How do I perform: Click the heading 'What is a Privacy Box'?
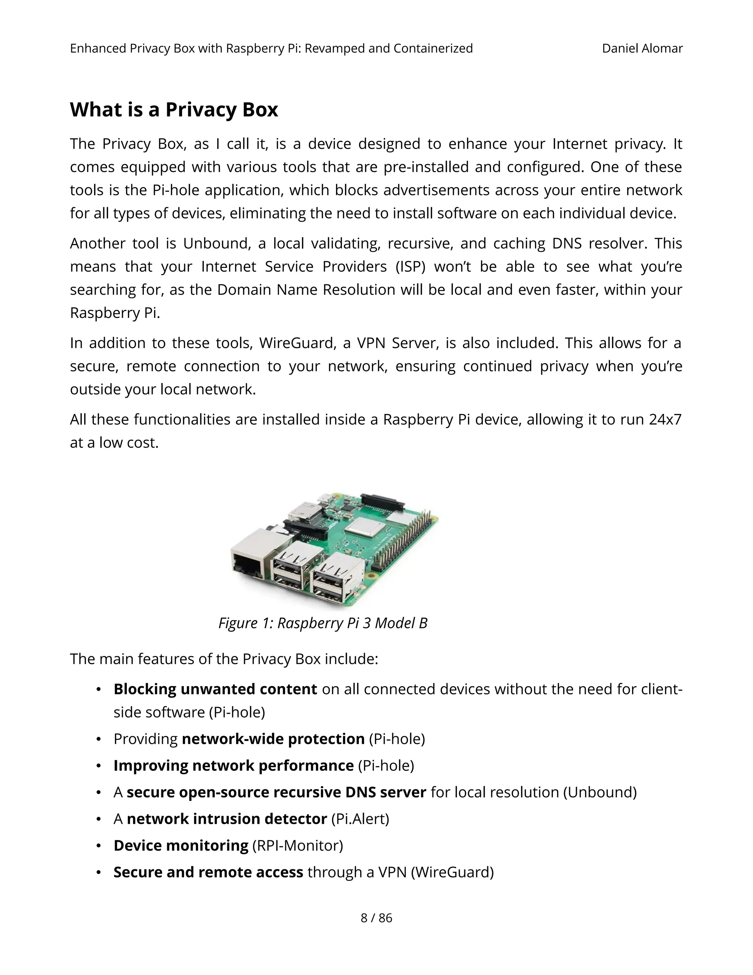(x=174, y=110)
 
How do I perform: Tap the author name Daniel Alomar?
(x=642, y=48)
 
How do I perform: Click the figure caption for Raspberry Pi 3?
(x=322, y=623)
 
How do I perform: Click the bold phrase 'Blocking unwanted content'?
(x=215, y=689)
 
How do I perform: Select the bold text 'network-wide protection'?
(x=273, y=739)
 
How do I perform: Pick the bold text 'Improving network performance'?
(x=233, y=765)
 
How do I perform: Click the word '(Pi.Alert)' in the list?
(x=360, y=819)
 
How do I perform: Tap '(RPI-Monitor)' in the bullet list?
(x=297, y=845)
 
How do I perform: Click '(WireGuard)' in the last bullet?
(x=452, y=872)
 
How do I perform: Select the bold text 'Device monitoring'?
(x=181, y=845)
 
